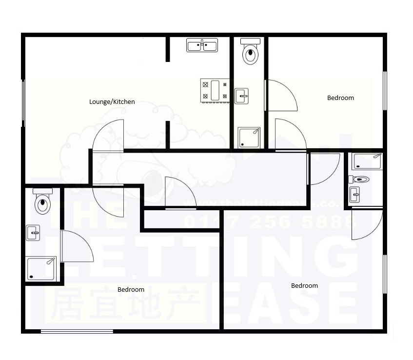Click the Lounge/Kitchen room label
click(x=112, y=102)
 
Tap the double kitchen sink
click(x=202, y=45)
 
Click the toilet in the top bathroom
click(x=251, y=52)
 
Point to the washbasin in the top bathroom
click(x=242, y=96)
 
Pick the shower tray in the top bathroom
click(x=249, y=137)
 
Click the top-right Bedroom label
click(x=340, y=98)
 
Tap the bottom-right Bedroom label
click(x=304, y=286)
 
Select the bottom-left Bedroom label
click(x=131, y=290)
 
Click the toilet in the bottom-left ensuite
click(x=43, y=201)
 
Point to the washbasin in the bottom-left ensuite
click(x=33, y=233)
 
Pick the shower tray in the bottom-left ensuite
click(x=41, y=268)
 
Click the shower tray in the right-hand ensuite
click(x=367, y=161)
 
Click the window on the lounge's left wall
click(x=23, y=103)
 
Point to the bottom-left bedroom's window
click(x=77, y=332)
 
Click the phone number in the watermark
click(x=268, y=222)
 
